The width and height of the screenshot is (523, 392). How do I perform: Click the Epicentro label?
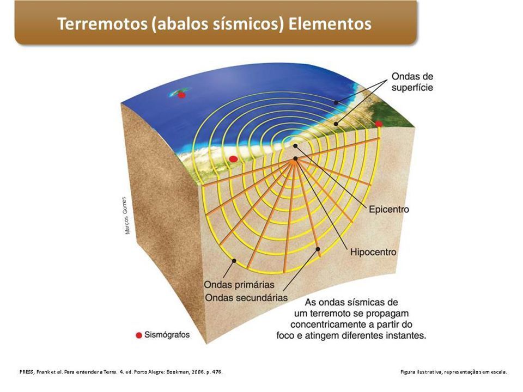click(388, 209)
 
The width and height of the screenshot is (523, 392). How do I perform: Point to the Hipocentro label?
click(373, 252)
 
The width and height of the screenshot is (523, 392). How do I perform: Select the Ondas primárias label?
click(239, 285)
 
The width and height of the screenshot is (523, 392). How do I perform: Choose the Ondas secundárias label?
click(246, 297)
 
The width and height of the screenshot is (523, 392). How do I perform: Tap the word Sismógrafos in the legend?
click(167, 335)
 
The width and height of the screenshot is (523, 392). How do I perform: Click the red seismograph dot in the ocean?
click(182, 95)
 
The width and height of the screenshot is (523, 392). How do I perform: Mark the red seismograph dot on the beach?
click(233, 159)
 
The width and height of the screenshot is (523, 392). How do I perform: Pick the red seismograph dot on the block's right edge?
click(379, 124)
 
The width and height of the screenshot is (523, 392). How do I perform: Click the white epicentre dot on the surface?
click(295, 145)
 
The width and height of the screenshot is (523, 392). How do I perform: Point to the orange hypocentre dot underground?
click(295, 160)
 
